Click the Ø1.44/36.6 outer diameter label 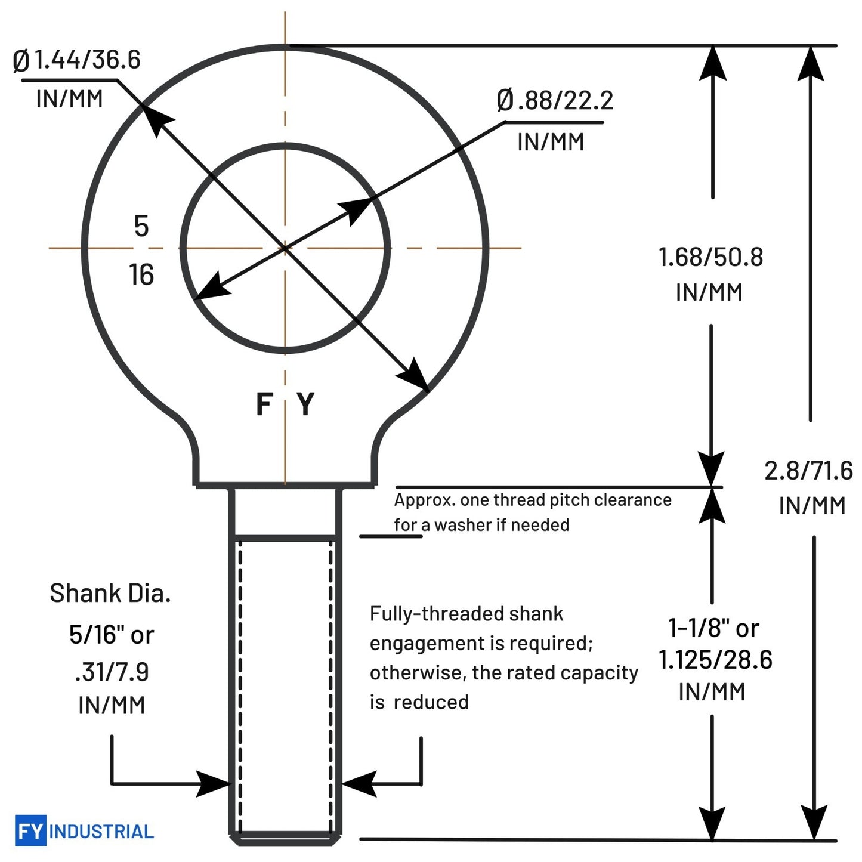76,60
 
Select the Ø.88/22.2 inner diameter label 555,100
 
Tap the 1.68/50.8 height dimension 711,257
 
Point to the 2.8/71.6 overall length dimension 809,471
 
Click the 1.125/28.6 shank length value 716,660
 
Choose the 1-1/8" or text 714,629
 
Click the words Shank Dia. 110,594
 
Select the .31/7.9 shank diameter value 112,672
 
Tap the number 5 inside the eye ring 141,226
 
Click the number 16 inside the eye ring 141,274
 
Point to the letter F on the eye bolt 264,404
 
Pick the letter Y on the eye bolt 306,404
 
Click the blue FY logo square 30,831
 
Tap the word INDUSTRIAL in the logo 101,832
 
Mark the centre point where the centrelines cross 285,248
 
